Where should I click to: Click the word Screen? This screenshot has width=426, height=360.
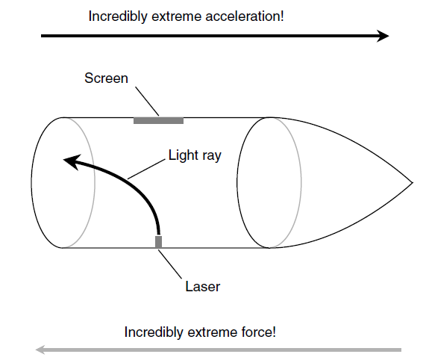(x=106, y=78)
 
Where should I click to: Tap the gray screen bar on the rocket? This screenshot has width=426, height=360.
(x=158, y=120)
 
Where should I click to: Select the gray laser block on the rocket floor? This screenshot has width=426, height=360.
(x=158, y=242)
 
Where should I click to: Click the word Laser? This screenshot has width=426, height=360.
(x=203, y=287)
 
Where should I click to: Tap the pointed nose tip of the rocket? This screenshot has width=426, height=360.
(x=413, y=183)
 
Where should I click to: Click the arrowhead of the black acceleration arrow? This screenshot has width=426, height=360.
(x=383, y=36)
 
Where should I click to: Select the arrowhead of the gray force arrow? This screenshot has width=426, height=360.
(x=41, y=350)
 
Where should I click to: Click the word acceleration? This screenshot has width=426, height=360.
(x=245, y=16)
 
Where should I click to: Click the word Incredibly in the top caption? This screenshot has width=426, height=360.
(x=118, y=17)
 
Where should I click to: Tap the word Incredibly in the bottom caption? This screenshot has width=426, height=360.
(x=154, y=333)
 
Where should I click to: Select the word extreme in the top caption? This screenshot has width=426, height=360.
(x=176, y=17)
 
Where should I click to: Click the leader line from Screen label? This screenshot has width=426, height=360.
(x=147, y=101)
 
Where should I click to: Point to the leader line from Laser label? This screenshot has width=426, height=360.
(x=170, y=264)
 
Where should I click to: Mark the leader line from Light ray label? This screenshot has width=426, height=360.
(x=146, y=169)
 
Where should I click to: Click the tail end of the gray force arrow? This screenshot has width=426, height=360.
(x=401, y=350)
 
